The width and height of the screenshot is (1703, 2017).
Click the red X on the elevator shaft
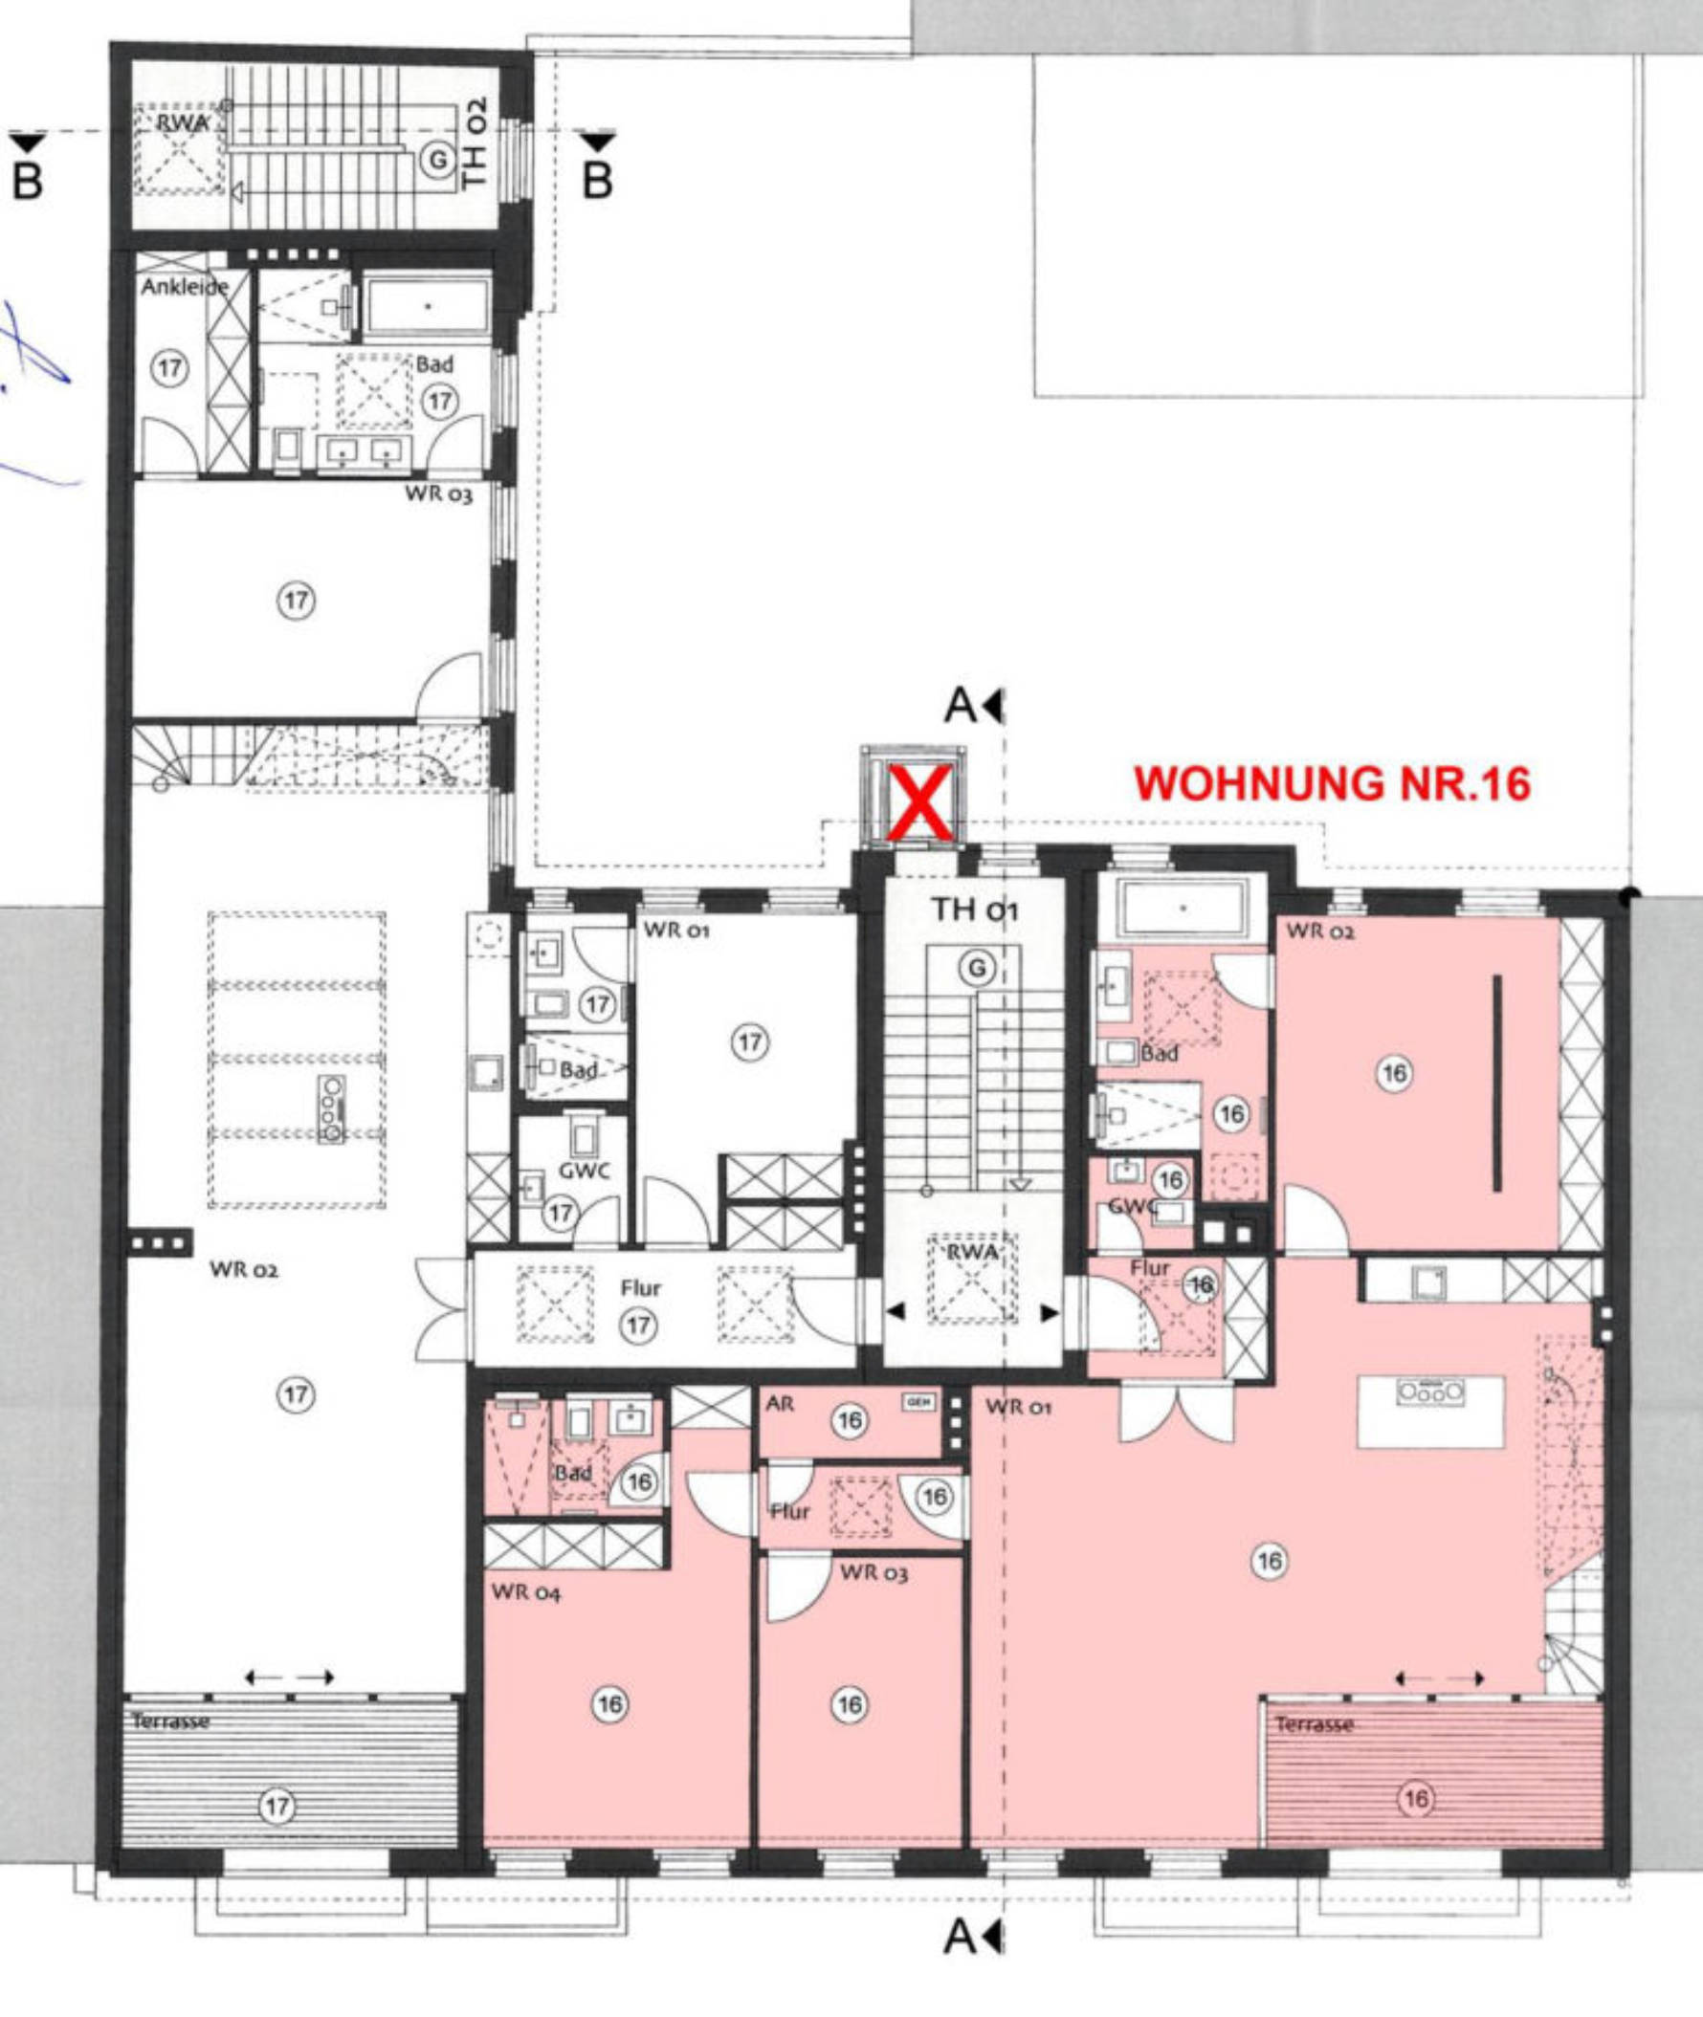[920, 802]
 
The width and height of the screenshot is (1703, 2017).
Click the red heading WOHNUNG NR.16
[1333, 783]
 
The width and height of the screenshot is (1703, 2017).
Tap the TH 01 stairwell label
[974, 910]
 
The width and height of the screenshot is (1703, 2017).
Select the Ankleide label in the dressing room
[185, 287]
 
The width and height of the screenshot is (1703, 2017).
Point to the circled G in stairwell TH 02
[439, 161]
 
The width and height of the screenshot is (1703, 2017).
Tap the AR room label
[779, 1404]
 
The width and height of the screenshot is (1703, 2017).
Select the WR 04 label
[526, 1591]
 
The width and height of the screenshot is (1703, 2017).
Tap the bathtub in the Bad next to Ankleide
[428, 308]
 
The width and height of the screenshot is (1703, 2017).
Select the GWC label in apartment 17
[583, 1171]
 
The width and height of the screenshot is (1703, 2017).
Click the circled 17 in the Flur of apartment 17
[638, 1325]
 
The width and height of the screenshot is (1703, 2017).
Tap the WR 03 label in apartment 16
[873, 1572]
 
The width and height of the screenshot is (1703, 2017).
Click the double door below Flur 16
[1176, 1412]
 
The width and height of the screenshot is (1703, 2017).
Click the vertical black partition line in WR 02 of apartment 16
[1497, 1082]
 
